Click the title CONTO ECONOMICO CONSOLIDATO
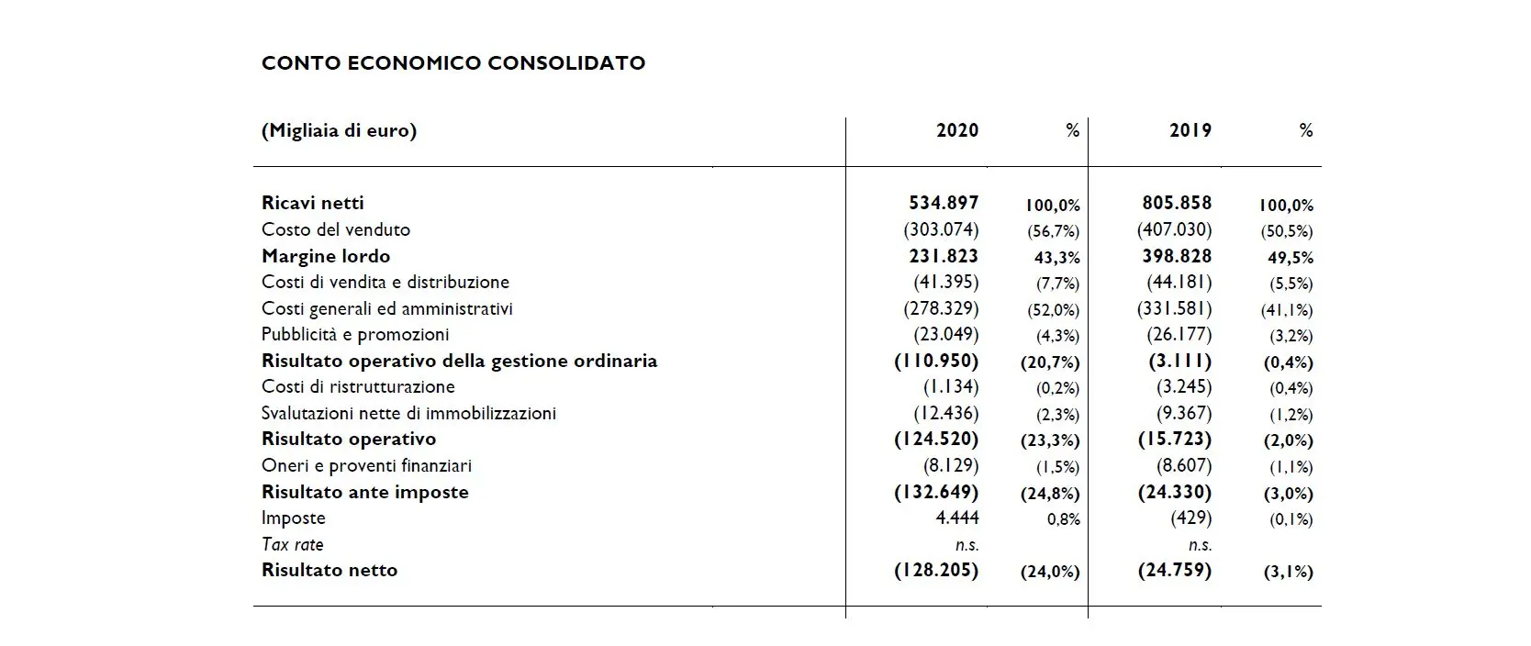click(453, 63)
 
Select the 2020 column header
click(957, 130)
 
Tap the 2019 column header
click(1190, 130)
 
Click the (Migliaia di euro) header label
click(339, 130)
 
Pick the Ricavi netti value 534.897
click(944, 203)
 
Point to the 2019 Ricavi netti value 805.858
click(1177, 203)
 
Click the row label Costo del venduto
click(336, 229)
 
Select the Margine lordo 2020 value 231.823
click(944, 256)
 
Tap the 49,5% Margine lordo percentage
click(1291, 258)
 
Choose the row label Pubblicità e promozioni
click(355, 334)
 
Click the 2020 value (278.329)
click(941, 308)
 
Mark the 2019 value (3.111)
click(1179, 361)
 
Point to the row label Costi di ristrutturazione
click(358, 386)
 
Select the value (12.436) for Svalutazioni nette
click(945, 413)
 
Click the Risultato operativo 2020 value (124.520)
click(936, 439)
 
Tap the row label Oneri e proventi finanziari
click(366, 465)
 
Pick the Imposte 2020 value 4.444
click(957, 518)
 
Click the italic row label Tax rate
click(293, 544)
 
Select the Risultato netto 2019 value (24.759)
click(1174, 570)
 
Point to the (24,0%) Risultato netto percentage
click(1050, 572)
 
